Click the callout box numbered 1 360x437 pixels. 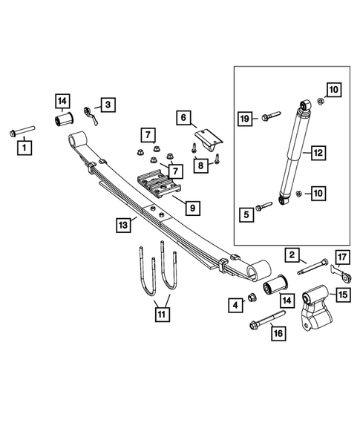(25, 148)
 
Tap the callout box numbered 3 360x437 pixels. (108, 105)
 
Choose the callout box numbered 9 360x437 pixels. (191, 208)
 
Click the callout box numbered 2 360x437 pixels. (293, 256)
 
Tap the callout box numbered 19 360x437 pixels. (244, 117)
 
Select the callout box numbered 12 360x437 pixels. (317, 153)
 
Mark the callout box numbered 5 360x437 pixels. (244, 214)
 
